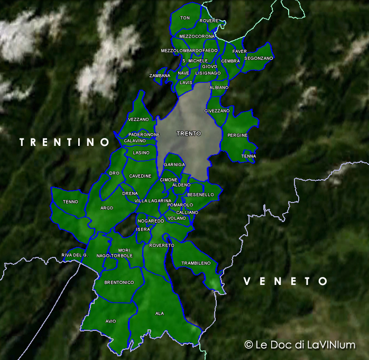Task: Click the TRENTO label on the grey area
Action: coord(189,134)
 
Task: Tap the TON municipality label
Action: coord(185,18)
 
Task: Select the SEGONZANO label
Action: coord(259,58)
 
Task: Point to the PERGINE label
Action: coord(237,135)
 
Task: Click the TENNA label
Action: coord(248,156)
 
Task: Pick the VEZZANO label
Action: coord(139,119)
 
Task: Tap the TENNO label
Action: coord(70,202)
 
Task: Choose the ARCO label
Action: coord(107,208)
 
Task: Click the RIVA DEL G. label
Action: coord(74,255)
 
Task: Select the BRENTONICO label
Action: coord(119,283)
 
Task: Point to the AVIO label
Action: coord(110,321)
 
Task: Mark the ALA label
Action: coord(160,313)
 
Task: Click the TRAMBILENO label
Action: coord(196,263)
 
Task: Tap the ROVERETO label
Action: coord(162,245)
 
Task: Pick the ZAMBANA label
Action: coord(160,76)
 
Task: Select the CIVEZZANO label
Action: coord(217,111)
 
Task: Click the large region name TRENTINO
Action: coord(64,142)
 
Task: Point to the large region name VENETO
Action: coord(285,281)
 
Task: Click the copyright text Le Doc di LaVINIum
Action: coord(300,345)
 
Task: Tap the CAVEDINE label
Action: coord(141,176)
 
